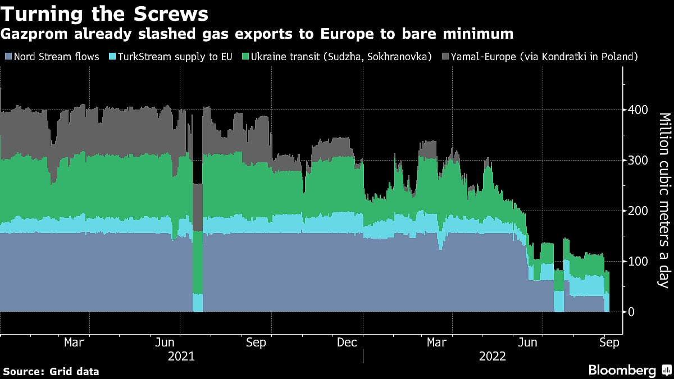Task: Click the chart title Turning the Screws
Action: pos(105,13)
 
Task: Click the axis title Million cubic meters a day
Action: pos(664,200)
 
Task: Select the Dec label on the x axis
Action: pos(347,342)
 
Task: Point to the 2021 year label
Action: pos(181,356)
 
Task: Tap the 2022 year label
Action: pos(493,356)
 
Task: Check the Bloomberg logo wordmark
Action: pos(622,370)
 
